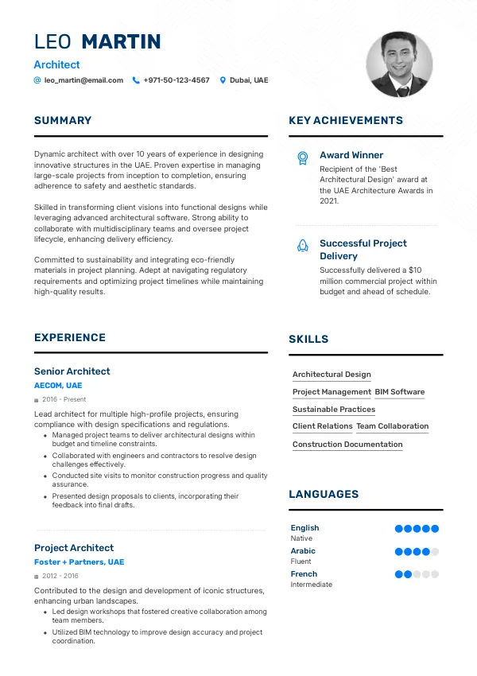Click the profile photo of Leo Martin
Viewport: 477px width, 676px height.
(399, 64)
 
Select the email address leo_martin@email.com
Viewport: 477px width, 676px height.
(83, 80)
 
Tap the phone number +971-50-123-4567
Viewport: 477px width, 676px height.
(176, 80)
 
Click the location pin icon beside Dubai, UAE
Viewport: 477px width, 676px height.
(223, 80)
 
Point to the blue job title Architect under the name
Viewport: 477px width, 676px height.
(56, 64)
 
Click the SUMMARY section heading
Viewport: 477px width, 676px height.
(63, 121)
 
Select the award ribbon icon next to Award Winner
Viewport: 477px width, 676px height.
(302, 157)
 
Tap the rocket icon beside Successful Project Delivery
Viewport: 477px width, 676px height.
(302, 246)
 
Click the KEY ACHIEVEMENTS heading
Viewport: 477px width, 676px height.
(346, 121)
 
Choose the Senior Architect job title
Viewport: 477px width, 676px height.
(72, 371)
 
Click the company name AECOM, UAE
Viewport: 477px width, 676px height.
(58, 386)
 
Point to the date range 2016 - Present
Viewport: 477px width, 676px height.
(64, 399)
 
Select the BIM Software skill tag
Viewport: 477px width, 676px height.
(400, 392)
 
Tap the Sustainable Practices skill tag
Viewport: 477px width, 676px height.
(334, 410)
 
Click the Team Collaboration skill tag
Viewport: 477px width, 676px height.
(392, 426)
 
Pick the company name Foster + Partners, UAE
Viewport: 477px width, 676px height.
(79, 562)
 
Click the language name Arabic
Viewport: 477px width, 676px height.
(303, 551)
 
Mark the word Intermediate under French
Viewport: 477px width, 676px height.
(312, 585)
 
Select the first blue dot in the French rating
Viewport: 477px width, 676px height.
(399, 574)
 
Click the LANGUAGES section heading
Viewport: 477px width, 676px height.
(324, 495)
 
